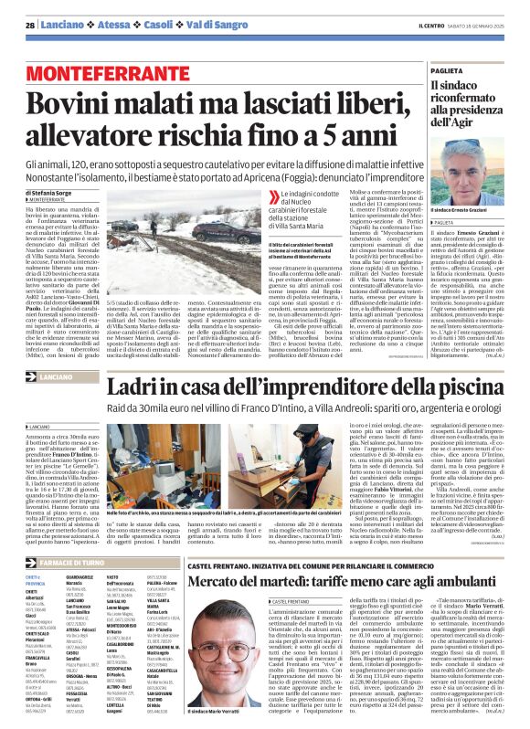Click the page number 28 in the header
point(31,25)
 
